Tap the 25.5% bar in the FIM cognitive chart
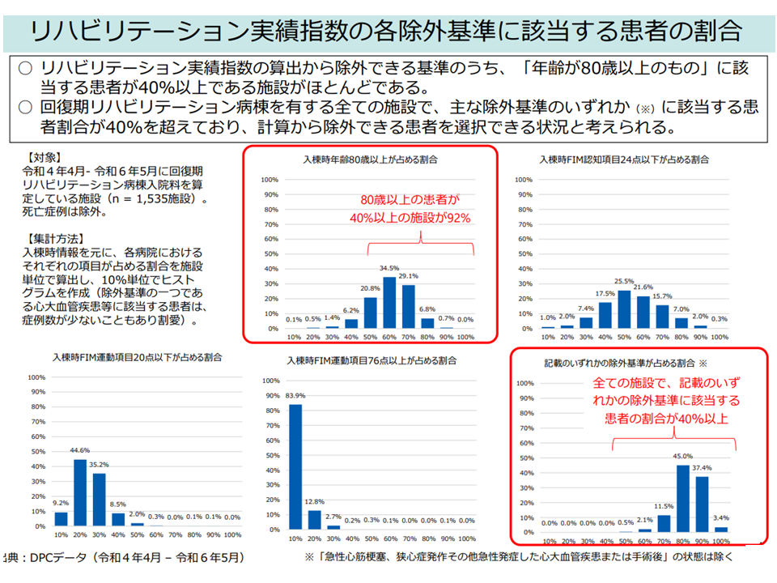(623, 309)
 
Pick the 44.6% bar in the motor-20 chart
(80, 492)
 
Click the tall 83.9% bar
(295, 465)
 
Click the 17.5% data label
(605, 293)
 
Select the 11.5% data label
(664, 506)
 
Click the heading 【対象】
(44, 158)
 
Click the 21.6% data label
(643, 287)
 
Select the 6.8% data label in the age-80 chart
(428, 309)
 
